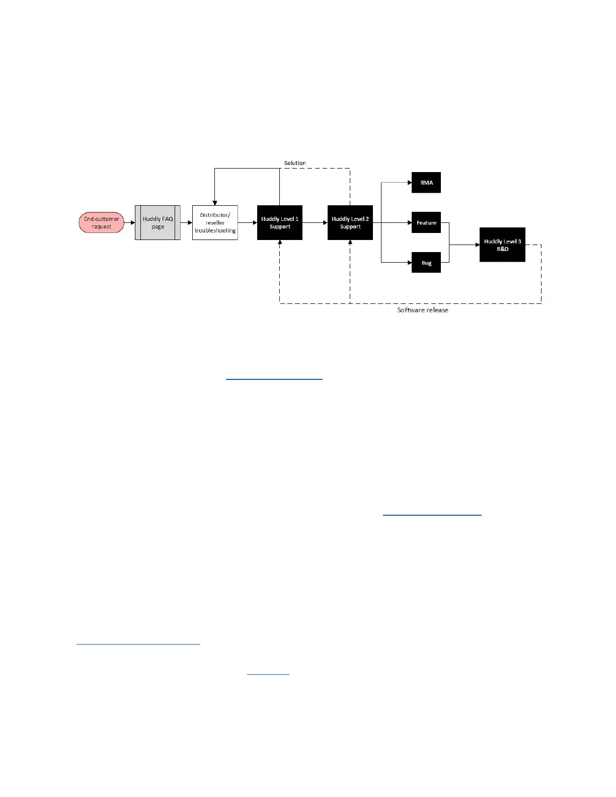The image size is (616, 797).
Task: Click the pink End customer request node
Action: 101,222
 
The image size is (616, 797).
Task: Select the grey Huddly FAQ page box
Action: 158,222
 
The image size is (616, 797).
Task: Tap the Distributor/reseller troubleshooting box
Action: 215,222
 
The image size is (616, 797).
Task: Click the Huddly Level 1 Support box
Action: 280,222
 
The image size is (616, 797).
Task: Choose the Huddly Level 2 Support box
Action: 350,222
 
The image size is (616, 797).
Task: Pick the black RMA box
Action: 426,183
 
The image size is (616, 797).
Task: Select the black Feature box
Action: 426,222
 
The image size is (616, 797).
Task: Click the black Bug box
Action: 426,263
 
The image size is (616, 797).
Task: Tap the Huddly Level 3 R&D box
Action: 502,245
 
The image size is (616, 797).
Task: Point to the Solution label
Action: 295,163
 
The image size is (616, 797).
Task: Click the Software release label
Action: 423,310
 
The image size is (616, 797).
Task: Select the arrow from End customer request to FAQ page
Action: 130,222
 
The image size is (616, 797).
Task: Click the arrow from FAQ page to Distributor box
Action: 187,222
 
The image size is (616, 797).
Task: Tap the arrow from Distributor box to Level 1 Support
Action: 248,222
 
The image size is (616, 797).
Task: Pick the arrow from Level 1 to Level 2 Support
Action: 315,222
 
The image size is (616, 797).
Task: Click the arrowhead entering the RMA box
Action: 409,183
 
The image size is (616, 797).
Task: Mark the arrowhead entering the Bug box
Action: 409,263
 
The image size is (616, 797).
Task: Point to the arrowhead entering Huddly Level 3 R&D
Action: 477,245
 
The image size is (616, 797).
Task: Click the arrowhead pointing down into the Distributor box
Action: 215,203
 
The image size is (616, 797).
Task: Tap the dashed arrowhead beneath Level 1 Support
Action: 280,243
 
